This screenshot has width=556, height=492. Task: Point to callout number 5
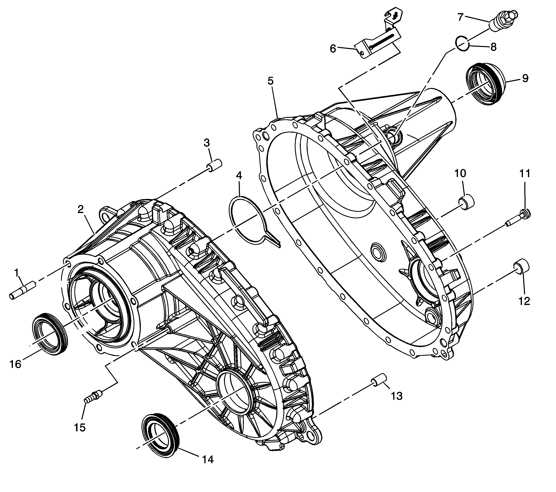click(270, 81)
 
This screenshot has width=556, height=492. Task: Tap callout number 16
click(15, 364)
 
